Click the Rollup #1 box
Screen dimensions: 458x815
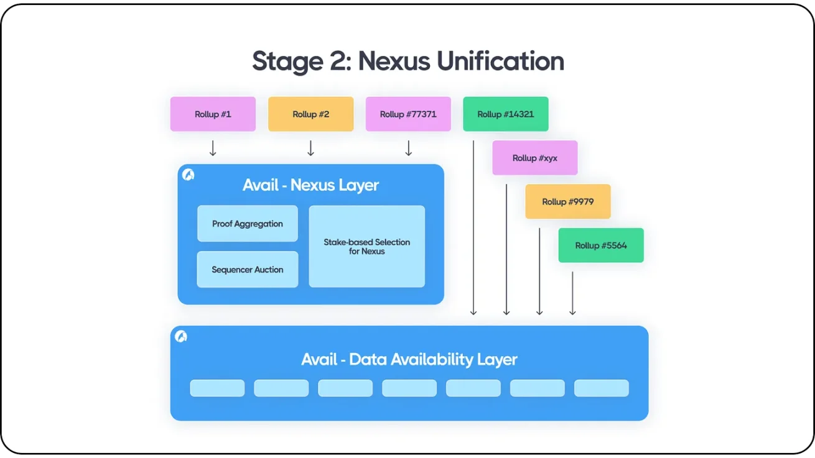(x=213, y=114)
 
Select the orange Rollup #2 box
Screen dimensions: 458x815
(x=310, y=114)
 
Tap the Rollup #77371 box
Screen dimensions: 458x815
(x=408, y=114)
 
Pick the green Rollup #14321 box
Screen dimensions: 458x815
(x=505, y=114)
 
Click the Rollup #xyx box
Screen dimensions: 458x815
(x=535, y=158)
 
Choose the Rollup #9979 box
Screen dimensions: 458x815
(x=567, y=201)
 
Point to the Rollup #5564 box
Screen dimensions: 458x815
(x=601, y=245)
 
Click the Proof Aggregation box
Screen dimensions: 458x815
(x=248, y=224)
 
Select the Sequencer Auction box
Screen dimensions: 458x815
(x=248, y=270)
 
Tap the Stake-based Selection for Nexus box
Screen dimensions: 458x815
(x=367, y=247)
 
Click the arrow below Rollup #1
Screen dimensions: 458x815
(x=213, y=148)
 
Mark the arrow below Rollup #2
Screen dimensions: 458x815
(x=310, y=148)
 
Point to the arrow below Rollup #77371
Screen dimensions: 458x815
(x=408, y=148)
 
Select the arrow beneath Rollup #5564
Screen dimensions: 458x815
(x=572, y=293)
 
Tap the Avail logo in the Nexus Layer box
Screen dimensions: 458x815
(x=189, y=175)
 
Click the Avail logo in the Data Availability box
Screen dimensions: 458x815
(x=181, y=336)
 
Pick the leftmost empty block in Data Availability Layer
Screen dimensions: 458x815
(x=217, y=388)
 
